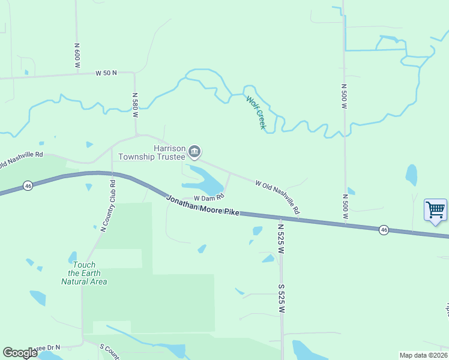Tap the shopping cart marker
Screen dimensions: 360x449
point(435,210)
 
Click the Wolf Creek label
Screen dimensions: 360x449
point(256,112)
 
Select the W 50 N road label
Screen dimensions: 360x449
point(106,73)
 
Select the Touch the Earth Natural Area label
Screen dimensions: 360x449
point(84,273)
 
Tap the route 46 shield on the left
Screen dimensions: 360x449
point(28,186)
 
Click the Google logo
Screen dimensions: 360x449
point(20,353)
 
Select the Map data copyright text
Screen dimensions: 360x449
point(423,355)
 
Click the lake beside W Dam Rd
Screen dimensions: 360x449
point(204,180)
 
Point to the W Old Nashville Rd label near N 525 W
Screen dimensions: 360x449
point(277,197)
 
